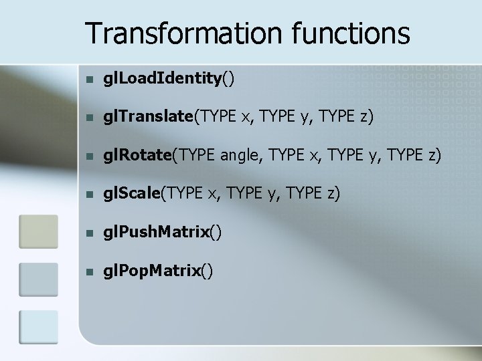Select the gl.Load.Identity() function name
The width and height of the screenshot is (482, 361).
click(168, 80)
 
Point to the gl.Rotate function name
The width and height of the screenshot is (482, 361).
click(137, 156)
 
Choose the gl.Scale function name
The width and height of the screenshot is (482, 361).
click(131, 194)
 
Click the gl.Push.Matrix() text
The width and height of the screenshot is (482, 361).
click(161, 232)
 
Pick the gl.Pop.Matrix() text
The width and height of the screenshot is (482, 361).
click(158, 270)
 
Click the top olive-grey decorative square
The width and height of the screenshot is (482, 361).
click(38, 231)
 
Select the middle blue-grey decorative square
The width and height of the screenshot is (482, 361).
click(38, 279)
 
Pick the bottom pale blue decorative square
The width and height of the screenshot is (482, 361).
click(38, 328)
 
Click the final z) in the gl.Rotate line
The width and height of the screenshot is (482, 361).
click(434, 156)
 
